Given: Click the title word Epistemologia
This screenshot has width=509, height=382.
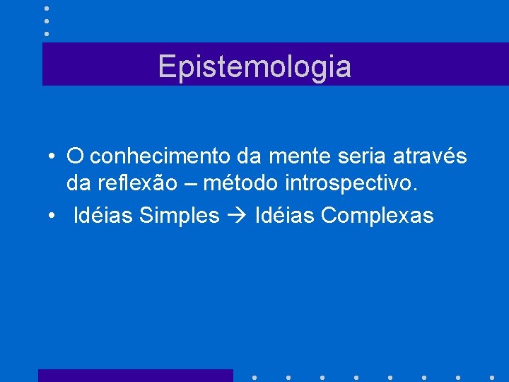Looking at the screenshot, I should click(255, 66).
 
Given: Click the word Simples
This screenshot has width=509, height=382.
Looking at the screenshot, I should click(180, 215).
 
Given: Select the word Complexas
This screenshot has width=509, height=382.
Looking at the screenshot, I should click(377, 215).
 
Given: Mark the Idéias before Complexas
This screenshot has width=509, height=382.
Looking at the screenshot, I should click(285, 215).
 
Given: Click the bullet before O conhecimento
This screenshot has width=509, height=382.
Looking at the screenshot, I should click(52, 156).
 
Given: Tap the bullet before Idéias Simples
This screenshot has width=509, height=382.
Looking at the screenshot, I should click(52, 216).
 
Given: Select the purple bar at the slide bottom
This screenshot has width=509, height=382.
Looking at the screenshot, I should click(135, 375).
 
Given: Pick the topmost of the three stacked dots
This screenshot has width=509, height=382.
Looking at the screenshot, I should click(47, 8).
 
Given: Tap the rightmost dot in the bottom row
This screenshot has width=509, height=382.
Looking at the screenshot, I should click(492, 377).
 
